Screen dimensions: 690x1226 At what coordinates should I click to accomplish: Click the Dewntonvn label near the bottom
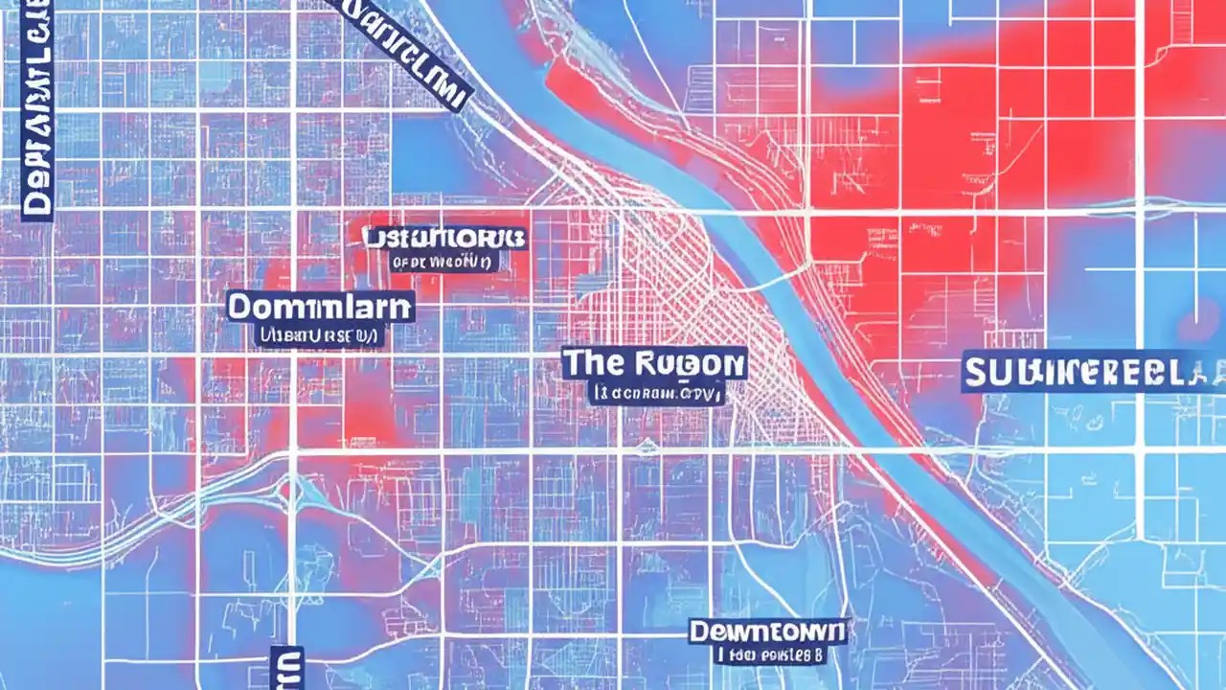(x=767, y=632)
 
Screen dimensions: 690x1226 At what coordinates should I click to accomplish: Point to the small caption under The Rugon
(x=656, y=393)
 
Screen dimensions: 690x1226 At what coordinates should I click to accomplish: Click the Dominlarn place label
(x=320, y=308)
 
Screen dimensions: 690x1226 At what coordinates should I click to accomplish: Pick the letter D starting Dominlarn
(x=239, y=308)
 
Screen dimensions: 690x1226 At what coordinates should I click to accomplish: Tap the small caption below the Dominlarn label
(x=320, y=335)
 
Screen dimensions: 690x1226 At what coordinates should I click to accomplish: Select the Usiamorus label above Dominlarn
(x=444, y=236)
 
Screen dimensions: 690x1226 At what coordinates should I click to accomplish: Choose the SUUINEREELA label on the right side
(x=1092, y=373)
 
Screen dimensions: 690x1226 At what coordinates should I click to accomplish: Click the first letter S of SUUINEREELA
(x=975, y=373)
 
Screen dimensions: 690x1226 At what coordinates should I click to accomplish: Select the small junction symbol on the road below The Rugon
(x=647, y=447)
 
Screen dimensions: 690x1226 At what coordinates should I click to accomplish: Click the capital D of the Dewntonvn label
(x=699, y=632)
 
